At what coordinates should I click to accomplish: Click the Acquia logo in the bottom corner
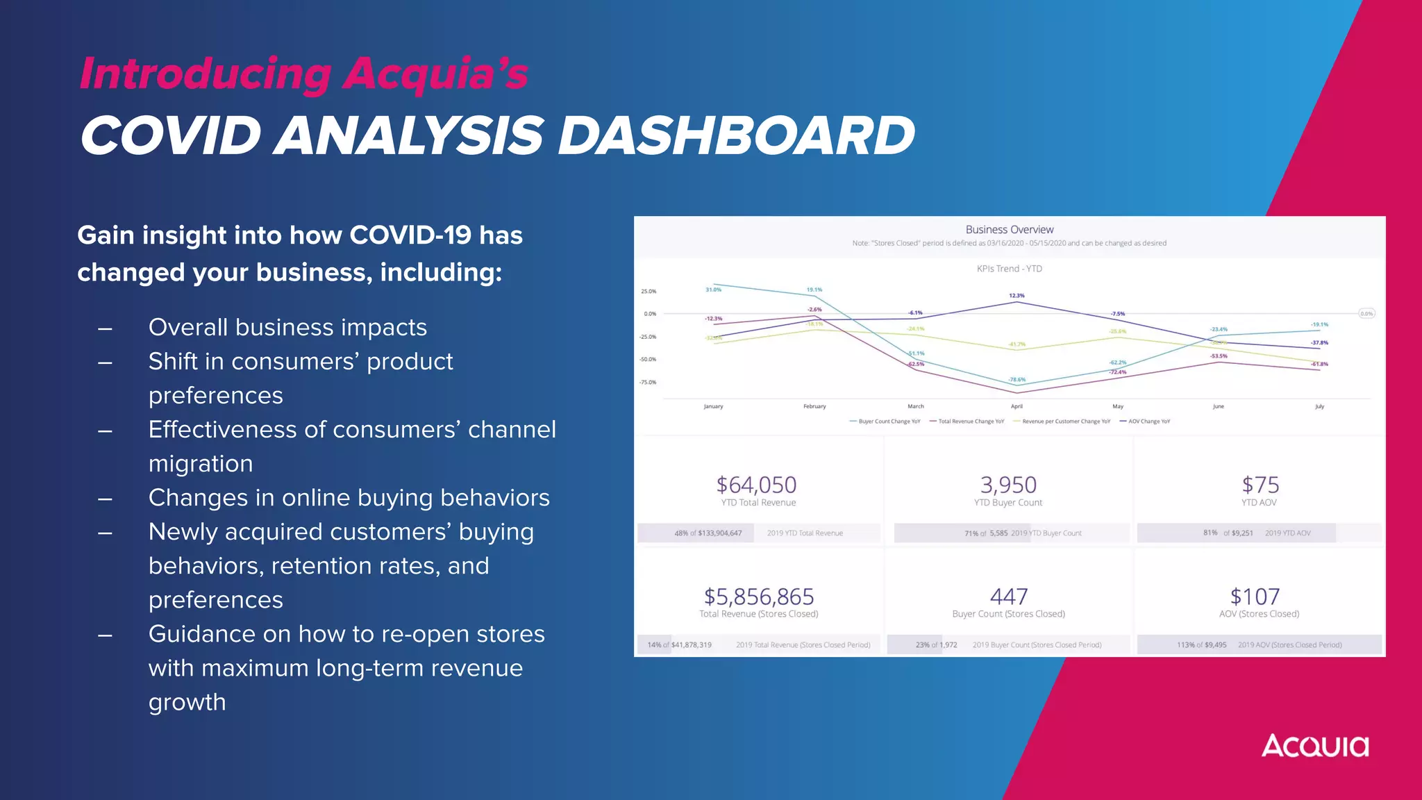click(1314, 747)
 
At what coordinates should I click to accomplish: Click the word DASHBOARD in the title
click(736, 135)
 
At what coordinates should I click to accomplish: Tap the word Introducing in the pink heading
click(206, 74)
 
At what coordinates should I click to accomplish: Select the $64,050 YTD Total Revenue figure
click(756, 485)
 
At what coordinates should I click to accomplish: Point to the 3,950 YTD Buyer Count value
click(1008, 485)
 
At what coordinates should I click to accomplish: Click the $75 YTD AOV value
click(1260, 485)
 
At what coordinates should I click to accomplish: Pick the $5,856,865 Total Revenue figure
click(758, 597)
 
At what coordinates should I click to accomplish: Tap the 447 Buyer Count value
click(1008, 597)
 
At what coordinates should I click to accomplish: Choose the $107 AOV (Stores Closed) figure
click(1254, 597)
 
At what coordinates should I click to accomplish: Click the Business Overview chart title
click(1009, 230)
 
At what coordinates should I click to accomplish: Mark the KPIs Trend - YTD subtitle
click(1009, 269)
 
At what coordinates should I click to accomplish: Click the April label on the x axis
click(1017, 406)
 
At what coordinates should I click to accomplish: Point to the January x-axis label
click(713, 406)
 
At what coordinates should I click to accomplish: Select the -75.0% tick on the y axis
click(648, 383)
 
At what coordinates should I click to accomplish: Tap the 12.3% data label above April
click(1017, 296)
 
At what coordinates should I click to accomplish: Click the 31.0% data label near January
click(713, 290)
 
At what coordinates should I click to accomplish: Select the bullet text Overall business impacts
click(287, 327)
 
